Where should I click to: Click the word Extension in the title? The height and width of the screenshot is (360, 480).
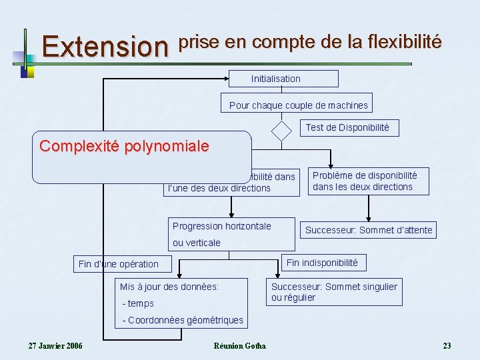point(105,47)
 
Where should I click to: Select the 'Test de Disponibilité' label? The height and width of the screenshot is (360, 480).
point(347,127)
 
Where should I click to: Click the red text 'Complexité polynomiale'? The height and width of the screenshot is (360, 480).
point(124,146)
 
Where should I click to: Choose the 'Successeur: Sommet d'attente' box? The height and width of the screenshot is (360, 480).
point(369,230)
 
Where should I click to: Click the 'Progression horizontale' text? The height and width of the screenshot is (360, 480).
point(222,226)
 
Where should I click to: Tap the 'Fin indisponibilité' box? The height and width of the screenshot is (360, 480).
point(322,263)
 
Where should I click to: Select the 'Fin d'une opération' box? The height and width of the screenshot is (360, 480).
point(119,264)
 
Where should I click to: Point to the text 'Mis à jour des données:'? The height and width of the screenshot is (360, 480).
point(169,287)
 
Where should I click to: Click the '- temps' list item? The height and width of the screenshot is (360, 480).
point(138,303)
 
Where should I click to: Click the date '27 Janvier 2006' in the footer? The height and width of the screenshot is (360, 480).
point(55,345)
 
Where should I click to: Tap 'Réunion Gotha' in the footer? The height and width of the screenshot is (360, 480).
point(239,345)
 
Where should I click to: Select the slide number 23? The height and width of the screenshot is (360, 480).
point(447,345)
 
